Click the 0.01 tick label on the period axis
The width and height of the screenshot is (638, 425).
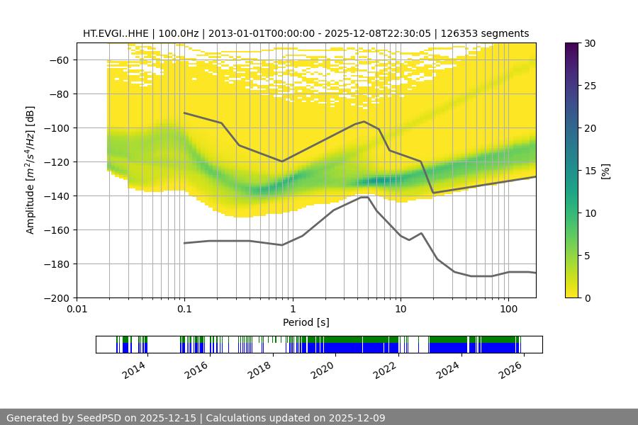coord(77,310)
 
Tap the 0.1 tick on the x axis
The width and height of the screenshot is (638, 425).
coord(184,310)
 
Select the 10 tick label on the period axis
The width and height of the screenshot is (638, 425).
coord(401,310)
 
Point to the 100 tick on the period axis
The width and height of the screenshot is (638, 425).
coord(508,310)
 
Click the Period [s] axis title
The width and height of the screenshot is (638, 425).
coord(306,322)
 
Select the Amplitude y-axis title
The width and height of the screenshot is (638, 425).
coord(30,170)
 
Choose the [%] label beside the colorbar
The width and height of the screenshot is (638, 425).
coord(605,171)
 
